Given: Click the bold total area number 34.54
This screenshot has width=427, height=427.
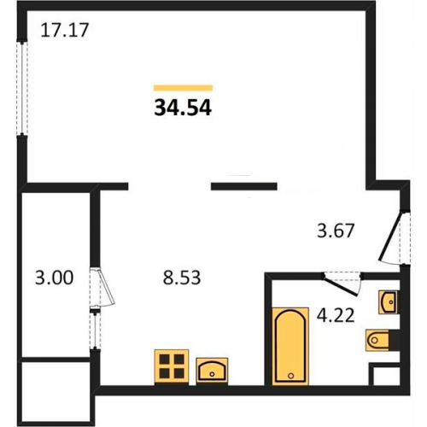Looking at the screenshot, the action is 183,108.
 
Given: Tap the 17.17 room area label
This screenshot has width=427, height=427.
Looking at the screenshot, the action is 65,30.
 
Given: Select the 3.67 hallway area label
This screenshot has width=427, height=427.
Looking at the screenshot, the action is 336,231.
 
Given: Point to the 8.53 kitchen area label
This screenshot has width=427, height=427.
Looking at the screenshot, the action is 182,278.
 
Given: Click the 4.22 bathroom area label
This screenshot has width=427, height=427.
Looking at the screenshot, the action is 336,315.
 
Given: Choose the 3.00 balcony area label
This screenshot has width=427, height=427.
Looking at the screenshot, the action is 54,278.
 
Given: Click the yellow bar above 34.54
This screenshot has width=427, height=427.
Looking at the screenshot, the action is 183,88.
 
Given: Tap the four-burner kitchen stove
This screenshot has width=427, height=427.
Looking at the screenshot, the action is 172,367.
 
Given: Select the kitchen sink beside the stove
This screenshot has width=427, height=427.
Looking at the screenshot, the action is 212,371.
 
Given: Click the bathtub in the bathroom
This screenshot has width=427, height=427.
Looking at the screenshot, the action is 290,346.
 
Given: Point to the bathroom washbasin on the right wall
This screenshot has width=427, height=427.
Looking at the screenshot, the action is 389,302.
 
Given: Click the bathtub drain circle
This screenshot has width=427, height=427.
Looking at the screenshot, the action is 290,376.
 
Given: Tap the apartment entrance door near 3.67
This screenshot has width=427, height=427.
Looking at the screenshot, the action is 395,237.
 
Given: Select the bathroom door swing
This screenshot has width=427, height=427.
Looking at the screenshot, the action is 342,284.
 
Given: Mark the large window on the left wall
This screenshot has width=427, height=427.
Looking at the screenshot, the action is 22,88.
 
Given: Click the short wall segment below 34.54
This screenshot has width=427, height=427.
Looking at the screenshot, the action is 244,186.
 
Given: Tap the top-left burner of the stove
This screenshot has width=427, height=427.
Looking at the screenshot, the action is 164,360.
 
